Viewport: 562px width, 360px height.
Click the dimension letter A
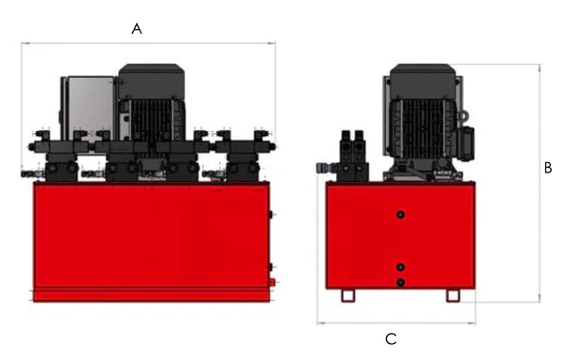pyautogui.click(x=137, y=29)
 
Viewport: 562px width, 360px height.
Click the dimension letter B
pyautogui.click(x=548, y=169)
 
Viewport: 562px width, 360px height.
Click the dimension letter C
pyautogui.click(x=392, y=337)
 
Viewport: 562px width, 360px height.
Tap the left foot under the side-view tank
pyautogui.click(x=348, y=295)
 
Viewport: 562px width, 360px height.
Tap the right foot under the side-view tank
pyautogui.click(x=452, y=295)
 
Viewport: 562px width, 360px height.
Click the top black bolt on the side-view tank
pyautogui.click(x=401, y=216)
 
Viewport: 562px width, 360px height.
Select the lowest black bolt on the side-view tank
pyautogui.click(x=401, y=282)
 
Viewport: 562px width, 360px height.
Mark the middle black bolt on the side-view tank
pyautogui.click(x=401, y=267)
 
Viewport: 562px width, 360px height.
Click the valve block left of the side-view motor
pyautogui.click(x=352, y=156)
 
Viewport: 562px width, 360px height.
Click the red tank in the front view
pyautogui.click(x=150, y=234)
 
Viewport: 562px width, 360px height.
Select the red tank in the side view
pyautogui.click(x=401, y=239)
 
